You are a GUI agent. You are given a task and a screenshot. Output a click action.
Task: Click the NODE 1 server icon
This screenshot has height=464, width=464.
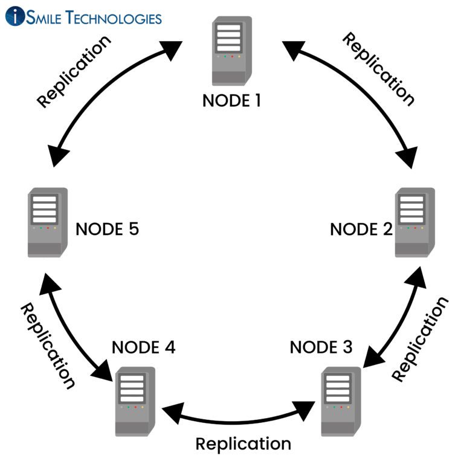[x=231, y=51]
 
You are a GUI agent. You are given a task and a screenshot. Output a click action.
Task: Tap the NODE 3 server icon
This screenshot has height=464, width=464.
[x=341, y=400]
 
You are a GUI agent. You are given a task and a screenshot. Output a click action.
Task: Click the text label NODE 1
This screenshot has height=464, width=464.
[x=231, y=100]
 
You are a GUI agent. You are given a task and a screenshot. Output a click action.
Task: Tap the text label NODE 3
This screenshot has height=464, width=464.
[x=321, y=347]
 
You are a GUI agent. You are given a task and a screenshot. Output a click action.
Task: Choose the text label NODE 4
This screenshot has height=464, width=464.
[x=144, y=348]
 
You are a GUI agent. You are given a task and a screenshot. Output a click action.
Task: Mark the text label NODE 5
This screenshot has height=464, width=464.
[x=107, y=230]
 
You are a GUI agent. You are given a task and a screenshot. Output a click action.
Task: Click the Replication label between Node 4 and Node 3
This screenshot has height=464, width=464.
[x=243, y=443]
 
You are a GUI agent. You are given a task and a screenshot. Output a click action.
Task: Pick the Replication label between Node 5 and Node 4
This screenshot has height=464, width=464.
[x=48, y=346]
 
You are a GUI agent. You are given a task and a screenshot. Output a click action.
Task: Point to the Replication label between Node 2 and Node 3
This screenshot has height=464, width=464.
[x=420, y=338]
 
